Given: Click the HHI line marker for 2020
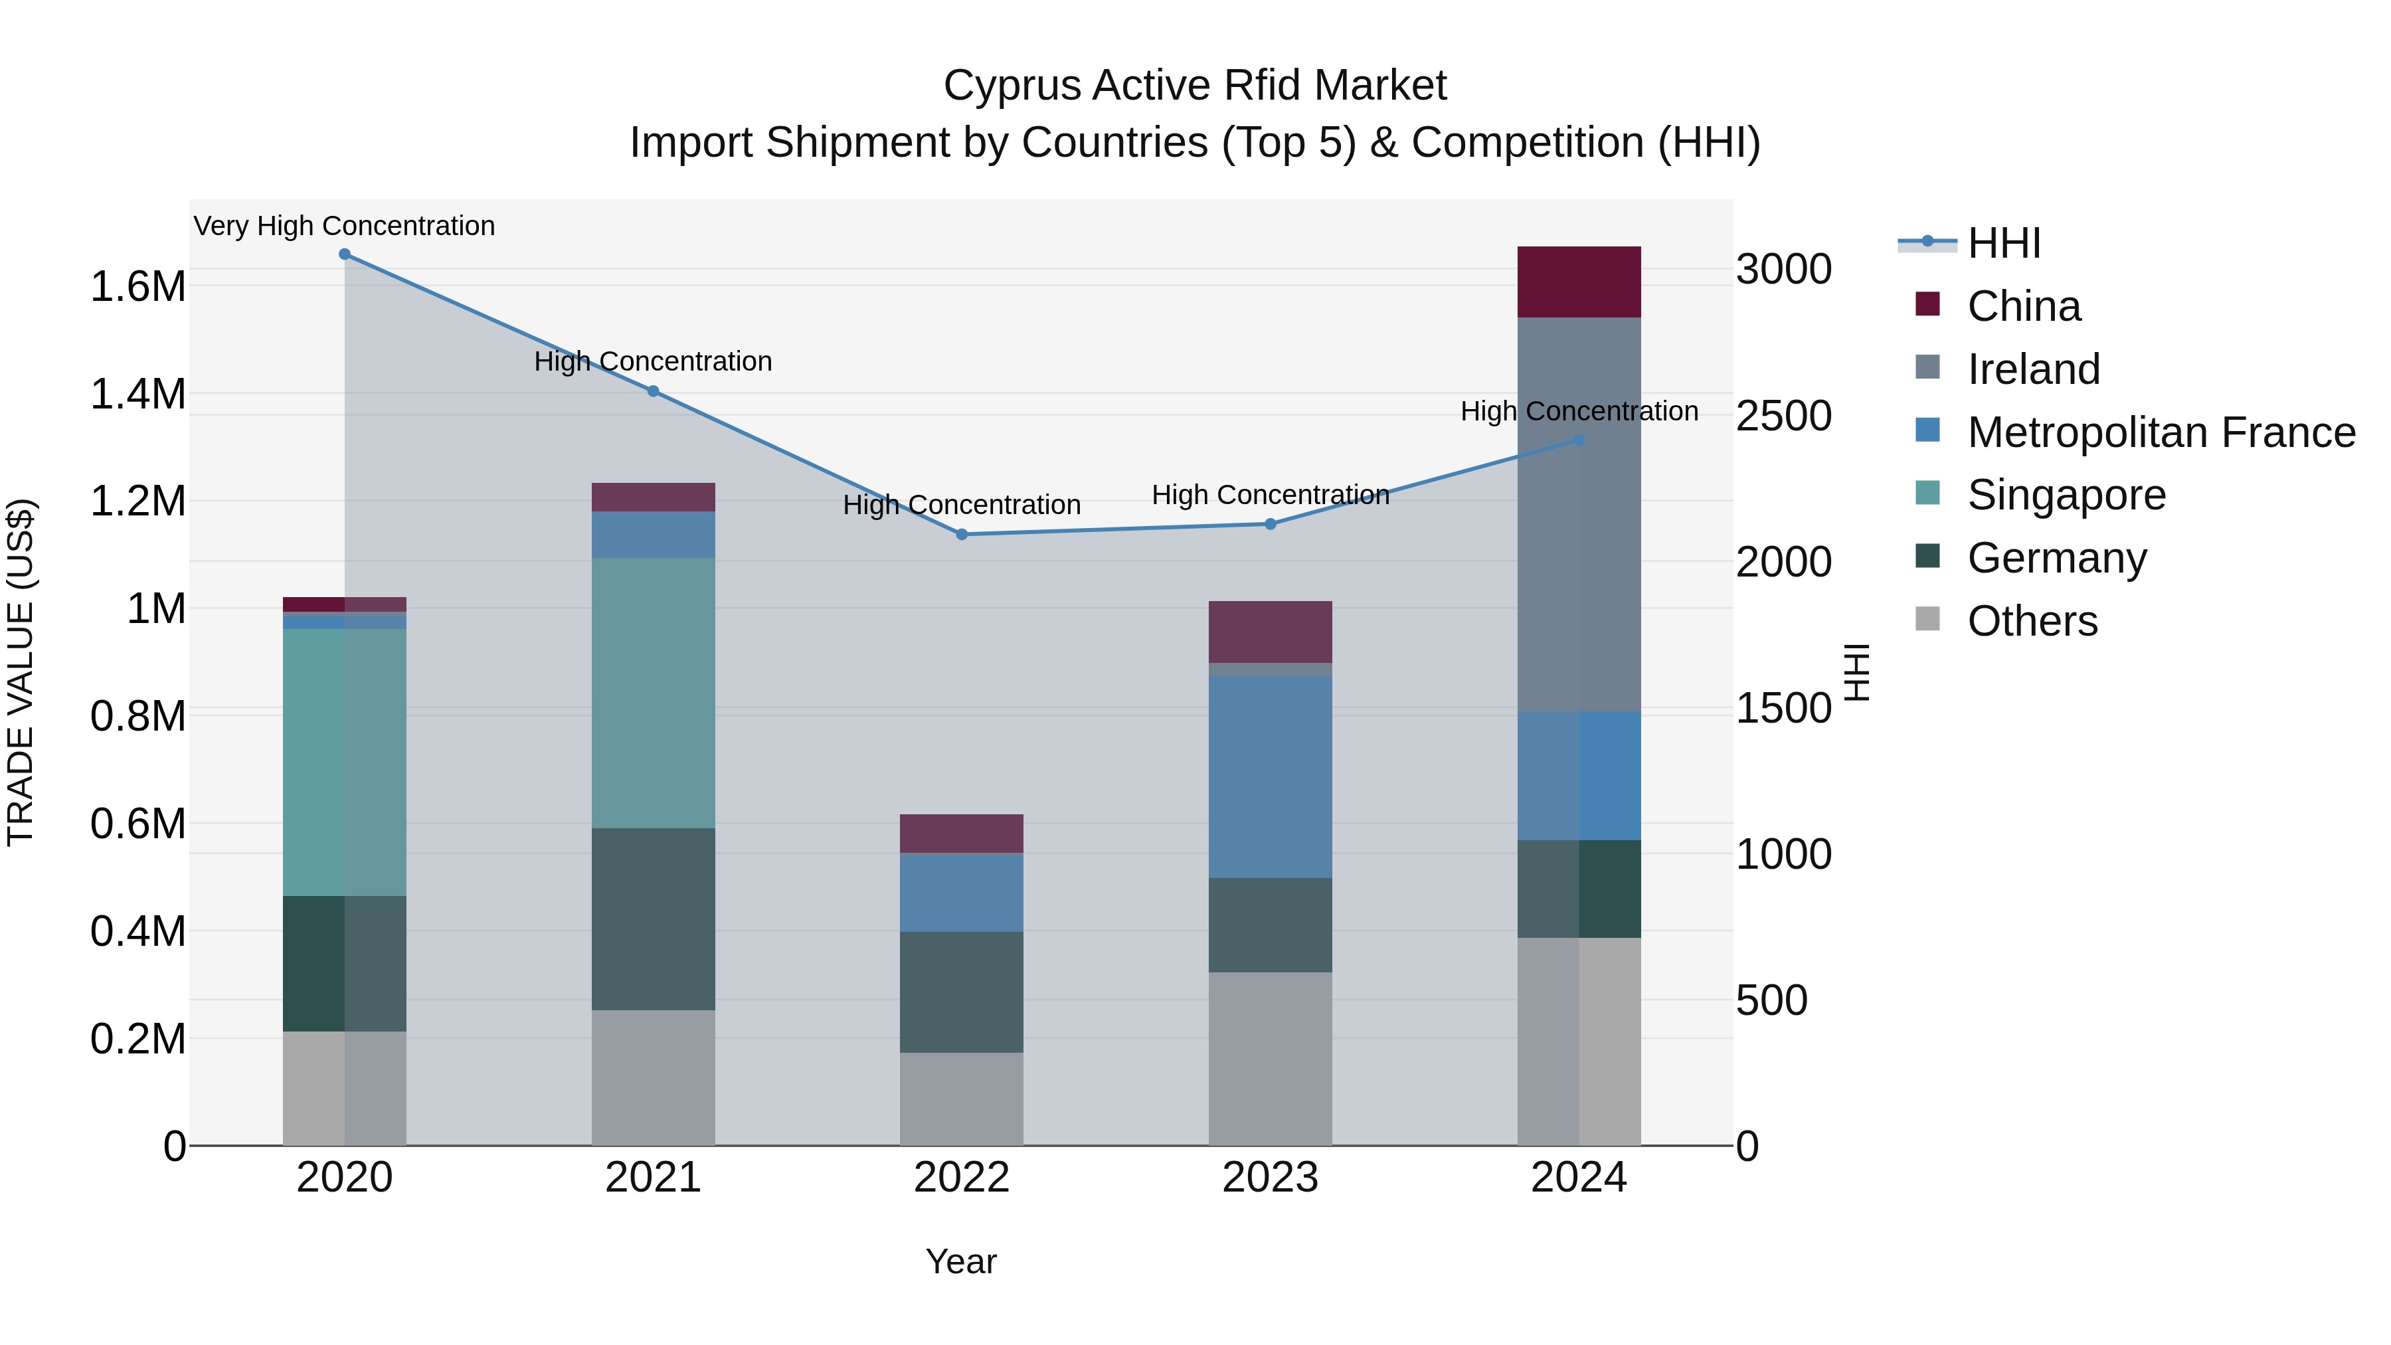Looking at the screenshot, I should coord(344,254).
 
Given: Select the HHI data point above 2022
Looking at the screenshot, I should coord(962,535).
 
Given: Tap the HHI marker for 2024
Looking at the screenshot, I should coord(1579,440).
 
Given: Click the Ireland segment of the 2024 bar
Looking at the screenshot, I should coord(1579,515).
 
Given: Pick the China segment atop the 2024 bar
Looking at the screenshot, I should coord(1579,282).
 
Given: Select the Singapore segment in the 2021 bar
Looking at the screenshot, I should coord(654,693).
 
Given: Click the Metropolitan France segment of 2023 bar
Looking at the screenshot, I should coord(1270,778).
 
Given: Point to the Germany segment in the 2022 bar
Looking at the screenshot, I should coord(962,992).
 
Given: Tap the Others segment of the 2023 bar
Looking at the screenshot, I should coord(1270,1059).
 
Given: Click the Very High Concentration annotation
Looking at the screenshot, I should coord(344,226).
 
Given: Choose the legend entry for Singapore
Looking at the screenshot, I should coord(2066,495).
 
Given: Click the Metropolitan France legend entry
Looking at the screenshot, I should coord(2161,432).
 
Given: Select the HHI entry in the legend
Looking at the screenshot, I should coord(2003,243).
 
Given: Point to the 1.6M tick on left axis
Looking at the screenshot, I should coord(137,286).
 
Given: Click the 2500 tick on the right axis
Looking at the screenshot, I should coord(1783,416).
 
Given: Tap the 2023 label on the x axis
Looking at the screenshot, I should coord(1270,1178).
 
